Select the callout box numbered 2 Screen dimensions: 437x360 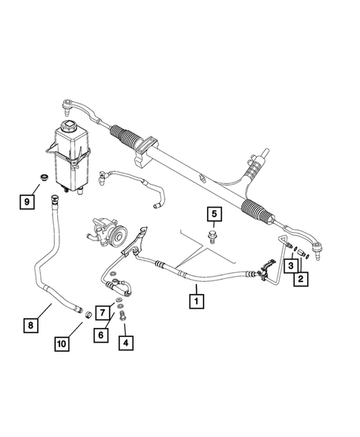pyautogui.click(x=301, y=279)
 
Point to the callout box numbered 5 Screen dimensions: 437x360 pyautogui.click(x=214, y=216)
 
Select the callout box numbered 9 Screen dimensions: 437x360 pyautogui.click(x=27, y=200)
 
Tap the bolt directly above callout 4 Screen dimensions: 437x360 pyautogui.click(x=120, y=318)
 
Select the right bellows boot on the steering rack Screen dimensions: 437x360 pyautogui.click(x=258, y=207)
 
